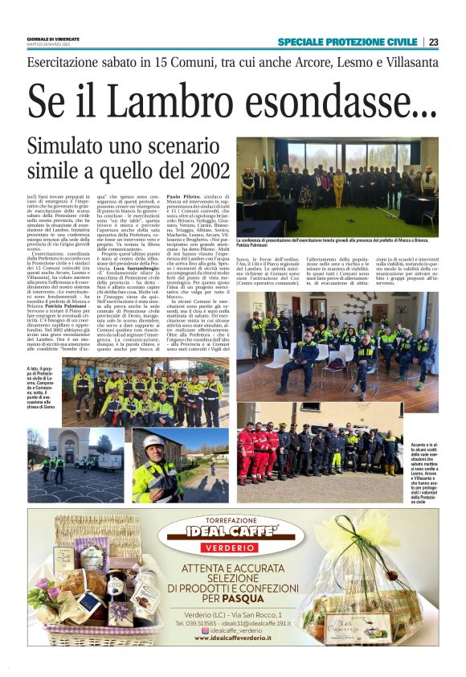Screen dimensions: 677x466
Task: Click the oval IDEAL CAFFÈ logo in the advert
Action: point(231,532)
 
